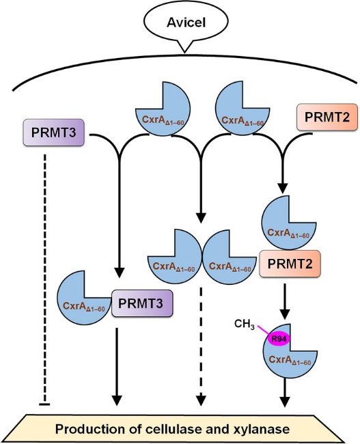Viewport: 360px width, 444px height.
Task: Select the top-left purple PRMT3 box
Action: (54, 133)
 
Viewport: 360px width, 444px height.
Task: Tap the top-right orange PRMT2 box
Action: (327, 117)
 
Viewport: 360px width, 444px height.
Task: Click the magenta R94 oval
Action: (279, 339)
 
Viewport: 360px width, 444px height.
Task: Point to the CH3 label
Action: (245, 324)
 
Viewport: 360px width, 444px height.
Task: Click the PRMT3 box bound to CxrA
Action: (142, 303)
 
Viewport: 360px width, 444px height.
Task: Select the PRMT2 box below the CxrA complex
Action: (290, 264)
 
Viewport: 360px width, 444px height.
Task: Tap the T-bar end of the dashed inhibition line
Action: (44, 404)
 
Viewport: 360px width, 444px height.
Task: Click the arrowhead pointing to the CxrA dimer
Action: (201, 218)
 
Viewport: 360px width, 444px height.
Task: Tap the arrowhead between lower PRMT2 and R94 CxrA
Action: (285, 314)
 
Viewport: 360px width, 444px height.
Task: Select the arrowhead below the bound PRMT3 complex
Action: (117, 400)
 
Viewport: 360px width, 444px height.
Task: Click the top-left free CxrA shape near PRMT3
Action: (163, 109)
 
